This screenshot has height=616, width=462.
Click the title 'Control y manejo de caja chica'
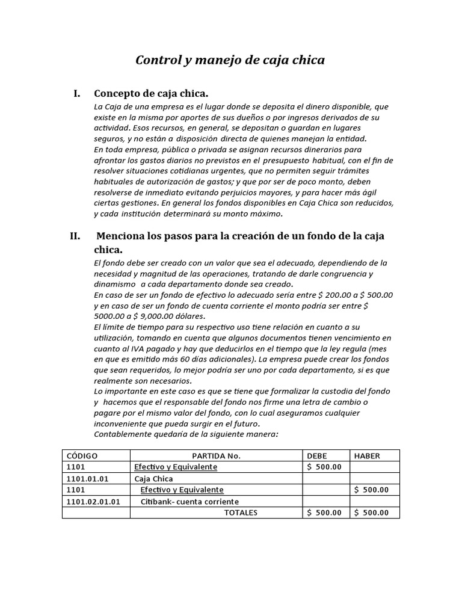pos(230,60)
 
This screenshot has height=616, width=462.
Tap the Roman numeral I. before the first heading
pos(76,93)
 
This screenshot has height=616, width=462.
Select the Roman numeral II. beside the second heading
pos(75,236)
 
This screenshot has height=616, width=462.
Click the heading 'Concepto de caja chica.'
pos(151,93)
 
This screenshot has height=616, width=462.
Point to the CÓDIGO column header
pos(82,456)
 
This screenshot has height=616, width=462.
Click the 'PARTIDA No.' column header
pos(216,456)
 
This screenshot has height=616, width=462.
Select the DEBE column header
pos(317,456)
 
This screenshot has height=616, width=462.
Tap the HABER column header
pos(368,456)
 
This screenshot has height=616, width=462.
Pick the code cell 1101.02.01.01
pos(93,502)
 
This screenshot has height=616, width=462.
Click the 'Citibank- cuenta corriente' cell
pos(189,502)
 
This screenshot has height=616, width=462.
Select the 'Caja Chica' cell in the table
pos(153,479)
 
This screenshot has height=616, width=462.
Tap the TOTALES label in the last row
pos(241,513)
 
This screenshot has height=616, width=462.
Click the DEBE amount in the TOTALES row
pos(324,513)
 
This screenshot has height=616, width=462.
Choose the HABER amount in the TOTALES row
pos(372,513)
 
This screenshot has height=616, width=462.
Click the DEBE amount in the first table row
pos(324,467)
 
